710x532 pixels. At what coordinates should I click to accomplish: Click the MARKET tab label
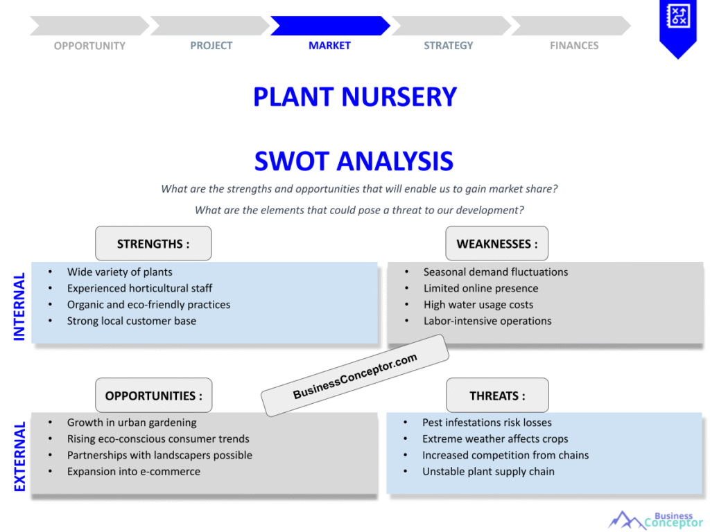pos(329,46)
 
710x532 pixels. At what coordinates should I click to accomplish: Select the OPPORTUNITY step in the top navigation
pos(89,46)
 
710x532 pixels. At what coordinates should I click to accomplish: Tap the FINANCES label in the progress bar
pos(574,46)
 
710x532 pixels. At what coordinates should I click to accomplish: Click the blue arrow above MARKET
pos(329,26)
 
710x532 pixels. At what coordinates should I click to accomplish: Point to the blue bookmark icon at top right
pos(677,26)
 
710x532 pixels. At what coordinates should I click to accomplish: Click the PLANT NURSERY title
pos(354,97)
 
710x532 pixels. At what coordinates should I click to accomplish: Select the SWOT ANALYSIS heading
pos(354,161)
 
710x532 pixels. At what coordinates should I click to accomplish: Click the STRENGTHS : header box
pos(153,244)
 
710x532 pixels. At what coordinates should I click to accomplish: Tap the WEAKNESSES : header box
pos(496,244)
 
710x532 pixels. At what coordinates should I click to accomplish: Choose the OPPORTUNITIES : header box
pos(153,396)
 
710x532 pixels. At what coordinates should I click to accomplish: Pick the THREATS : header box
pos(497,396)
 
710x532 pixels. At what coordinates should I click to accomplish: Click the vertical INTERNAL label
pos(19,306)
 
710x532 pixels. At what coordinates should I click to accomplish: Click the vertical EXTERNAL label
pos(19,456)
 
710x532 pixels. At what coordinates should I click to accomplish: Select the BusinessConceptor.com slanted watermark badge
pos(355,376)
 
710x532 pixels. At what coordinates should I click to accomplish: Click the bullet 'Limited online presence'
pos(480,288)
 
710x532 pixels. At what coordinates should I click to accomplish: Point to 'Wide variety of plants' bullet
pos(119,272)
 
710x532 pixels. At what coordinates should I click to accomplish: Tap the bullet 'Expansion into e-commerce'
pos(133,472)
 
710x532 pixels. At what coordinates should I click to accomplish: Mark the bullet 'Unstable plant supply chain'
pos(488,472)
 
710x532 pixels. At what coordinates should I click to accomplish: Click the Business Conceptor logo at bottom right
pos(655,520)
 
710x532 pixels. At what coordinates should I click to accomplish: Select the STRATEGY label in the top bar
pos(449,46)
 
